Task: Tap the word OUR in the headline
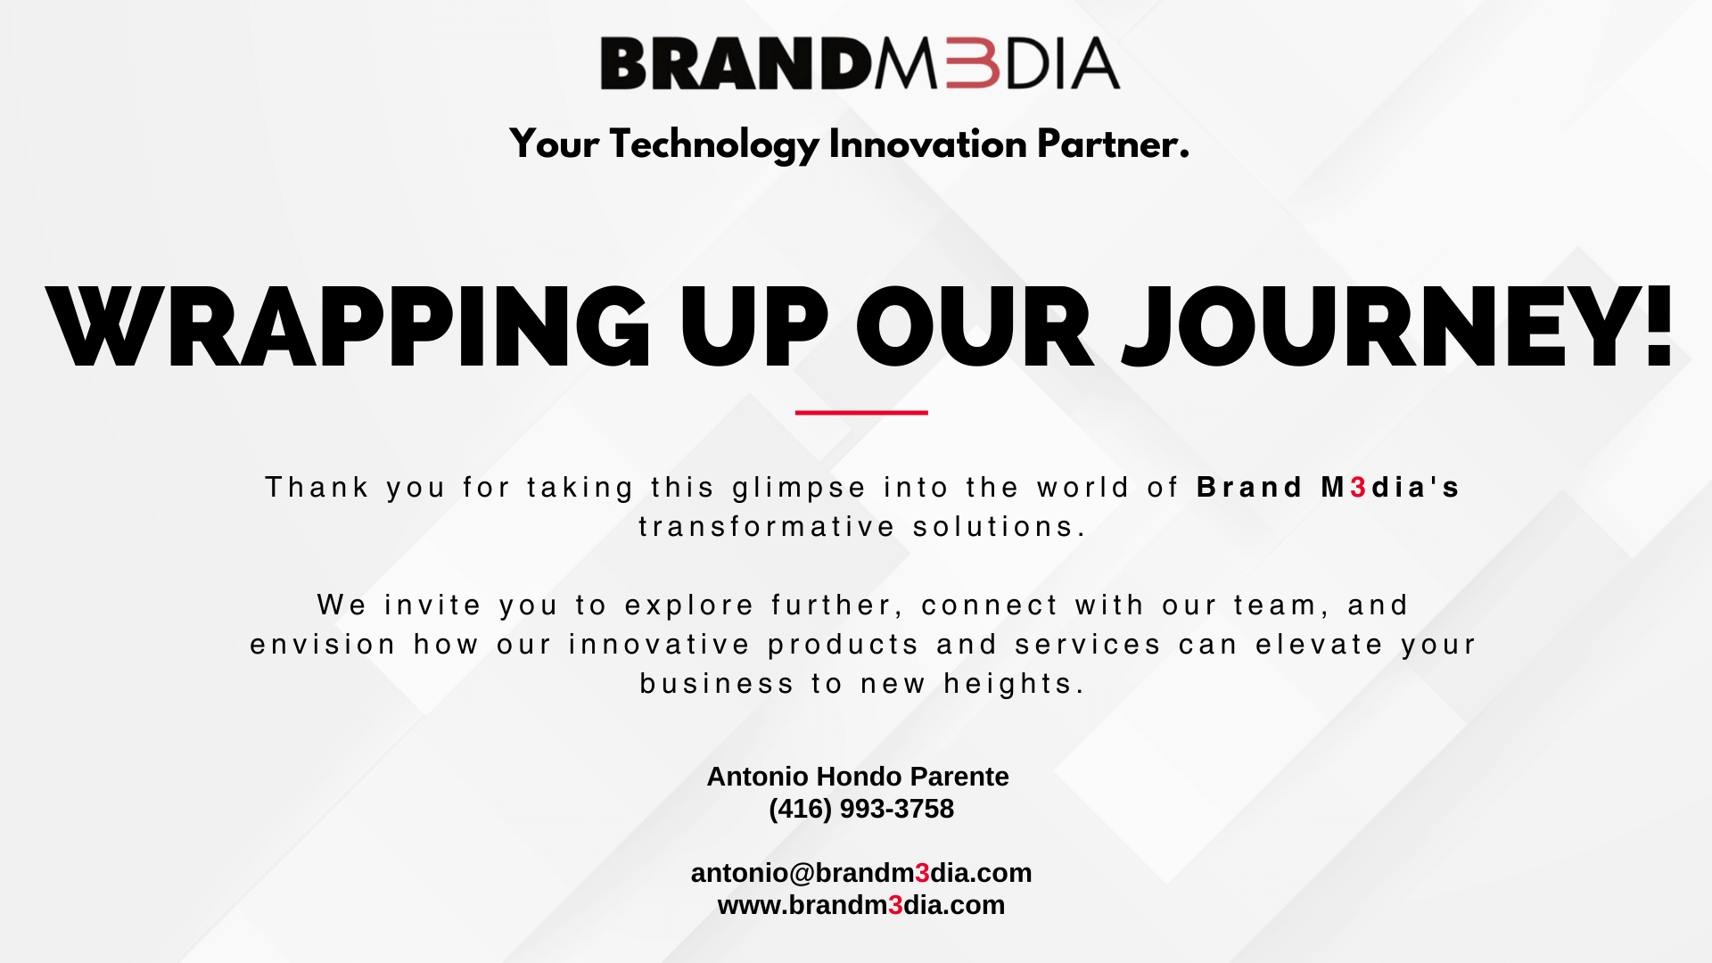(x=975, y=327)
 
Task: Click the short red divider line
(x=861, y=413)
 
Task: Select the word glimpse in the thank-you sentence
(x=799, y=489)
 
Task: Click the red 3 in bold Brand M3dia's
(x=1359, y=488)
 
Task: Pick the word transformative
(x=767, y=527)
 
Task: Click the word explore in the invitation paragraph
(x=689, y=606)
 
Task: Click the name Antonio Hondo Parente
(x=858, y=777)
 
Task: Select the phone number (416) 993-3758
(x=861, y=809)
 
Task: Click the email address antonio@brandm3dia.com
(x=861, y=873)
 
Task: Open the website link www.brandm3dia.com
(x=861, y=905)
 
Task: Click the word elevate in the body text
(x=1320, y=645)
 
